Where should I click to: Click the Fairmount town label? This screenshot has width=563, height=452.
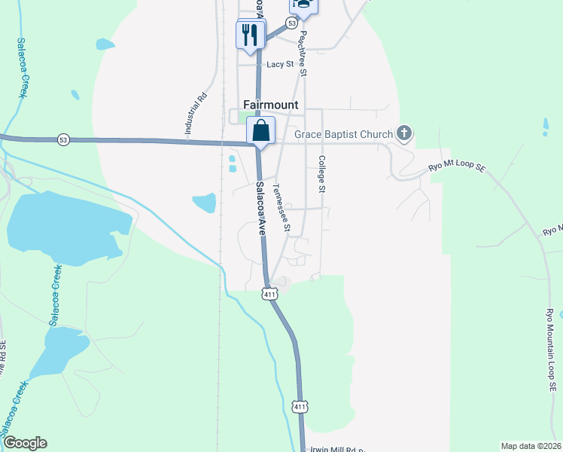pos(270,105)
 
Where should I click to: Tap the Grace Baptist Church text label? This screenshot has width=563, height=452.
pos(343,135)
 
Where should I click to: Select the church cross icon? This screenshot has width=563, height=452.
pos(404,134)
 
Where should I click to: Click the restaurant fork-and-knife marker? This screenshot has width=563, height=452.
pos(250,34)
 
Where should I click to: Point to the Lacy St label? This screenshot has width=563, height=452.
pos(279,65)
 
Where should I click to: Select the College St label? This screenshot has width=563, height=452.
pos(321,174)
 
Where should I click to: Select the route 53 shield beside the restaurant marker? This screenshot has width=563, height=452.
pos(291,23)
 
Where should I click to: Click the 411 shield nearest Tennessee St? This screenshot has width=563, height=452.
pos(269,294)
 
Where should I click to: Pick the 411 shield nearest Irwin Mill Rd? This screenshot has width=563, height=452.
pos(300,407)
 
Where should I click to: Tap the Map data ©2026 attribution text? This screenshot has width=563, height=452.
pos(531,446)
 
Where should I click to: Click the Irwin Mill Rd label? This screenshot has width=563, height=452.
pos(336,450)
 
